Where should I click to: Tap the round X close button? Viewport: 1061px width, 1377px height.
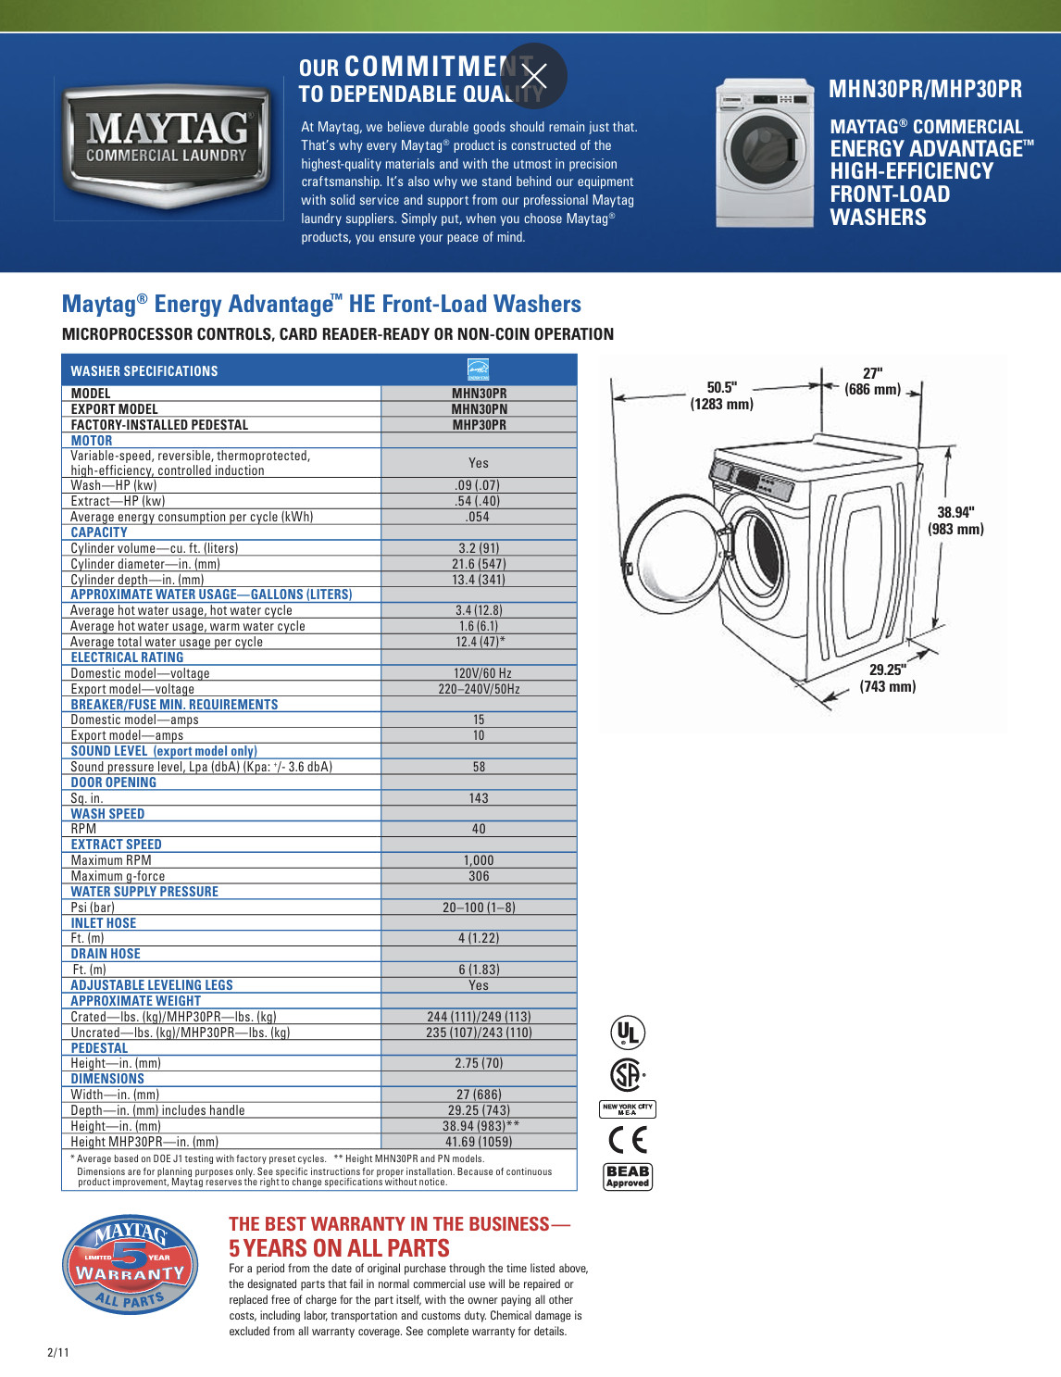click(x=534, y=76)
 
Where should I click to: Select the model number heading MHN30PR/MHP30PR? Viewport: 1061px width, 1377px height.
click(x=925, y=89)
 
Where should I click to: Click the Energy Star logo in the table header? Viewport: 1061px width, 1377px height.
click(x=479, y=369)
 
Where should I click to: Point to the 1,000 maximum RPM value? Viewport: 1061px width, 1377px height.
click(x=479, y=860)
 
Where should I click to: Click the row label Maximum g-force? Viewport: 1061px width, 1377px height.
click(x=118, y=876)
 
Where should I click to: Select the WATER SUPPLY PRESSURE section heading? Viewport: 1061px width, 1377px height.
click(x=144, y=892)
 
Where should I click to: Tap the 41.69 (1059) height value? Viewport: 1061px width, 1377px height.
click(x=479, y=1142)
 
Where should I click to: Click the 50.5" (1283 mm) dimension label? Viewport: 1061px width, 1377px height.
click(x=721, y=395)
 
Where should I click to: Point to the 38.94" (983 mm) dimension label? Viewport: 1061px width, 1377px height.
click(x=955, y=520)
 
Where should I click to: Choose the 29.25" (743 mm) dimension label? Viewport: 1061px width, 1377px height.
click(x=887, y=678)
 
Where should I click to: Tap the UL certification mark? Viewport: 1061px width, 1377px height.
click(x=628, y=1033)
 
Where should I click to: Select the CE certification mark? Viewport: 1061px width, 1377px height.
click(x=628, y=1139)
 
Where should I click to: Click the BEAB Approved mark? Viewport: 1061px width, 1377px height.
click(x=628, y=1176)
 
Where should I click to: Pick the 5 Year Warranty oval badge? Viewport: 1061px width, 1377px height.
click(x=130, y=1264)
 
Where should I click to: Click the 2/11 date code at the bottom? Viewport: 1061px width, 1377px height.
click(x=57, y=1352)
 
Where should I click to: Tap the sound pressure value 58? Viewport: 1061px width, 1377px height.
click(x=479, y=767)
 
